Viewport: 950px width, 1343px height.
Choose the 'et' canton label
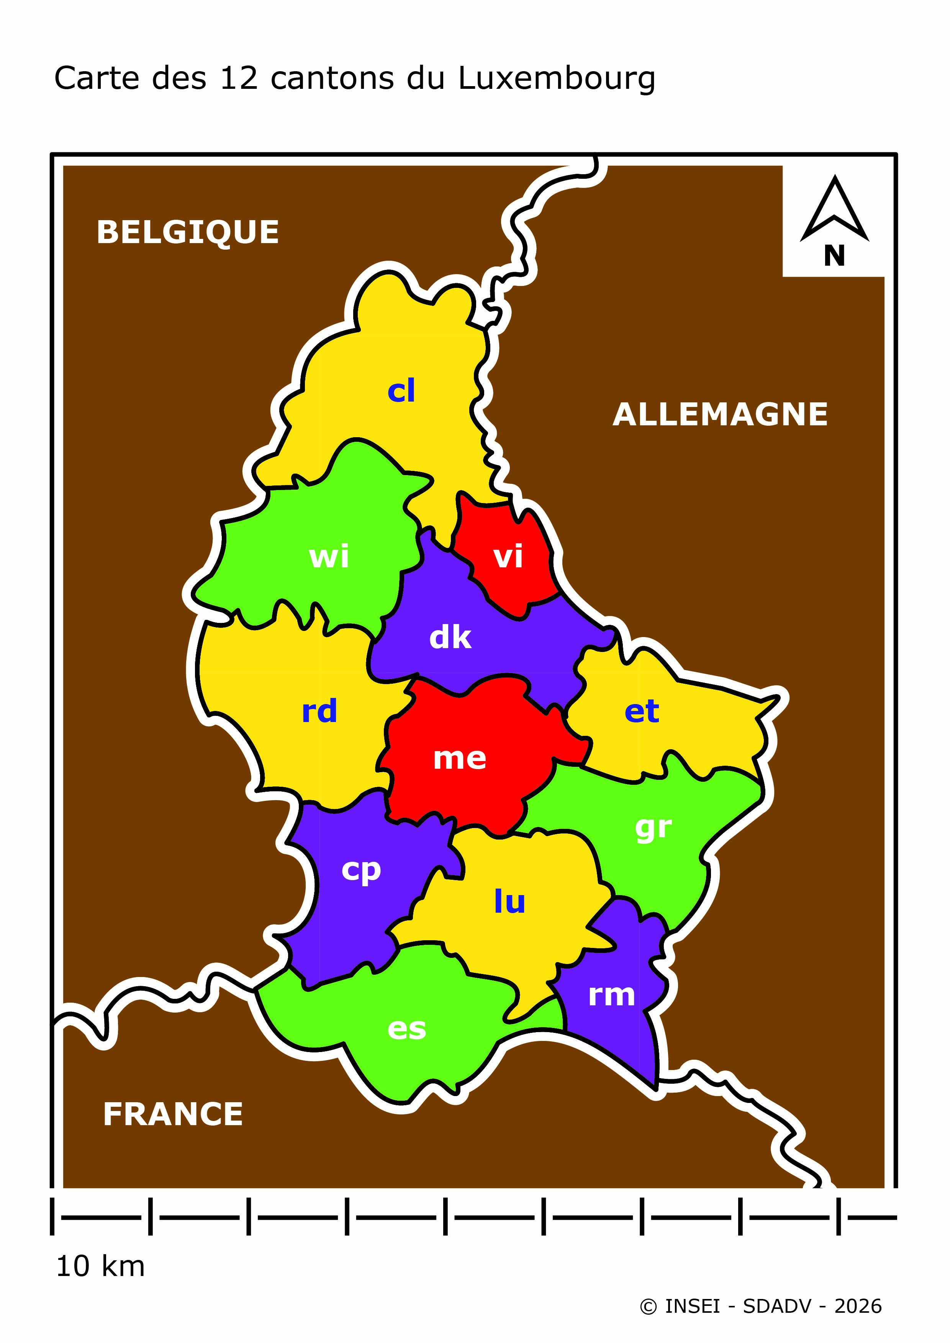tap(642, 711)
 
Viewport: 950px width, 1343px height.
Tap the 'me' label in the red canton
tap(460, 759)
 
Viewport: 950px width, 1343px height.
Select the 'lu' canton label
tap(509, 901)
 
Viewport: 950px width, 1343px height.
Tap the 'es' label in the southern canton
tap(407, 1029)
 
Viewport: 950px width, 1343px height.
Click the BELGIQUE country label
tap(188, 232)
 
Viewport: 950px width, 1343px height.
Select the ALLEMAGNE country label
tap(720, 415)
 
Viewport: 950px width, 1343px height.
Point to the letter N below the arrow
tap(834, 256)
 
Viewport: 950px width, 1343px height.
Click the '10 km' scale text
tap(100, 1266)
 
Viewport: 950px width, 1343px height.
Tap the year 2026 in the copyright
tap(858, 1306)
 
